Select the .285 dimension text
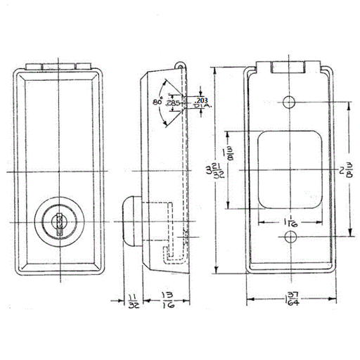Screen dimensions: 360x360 click(173, 102)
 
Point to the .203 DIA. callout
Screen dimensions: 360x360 click(202, 103)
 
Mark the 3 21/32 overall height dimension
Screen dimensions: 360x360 click(219, 171)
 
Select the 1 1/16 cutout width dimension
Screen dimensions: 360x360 click(290, 224)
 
